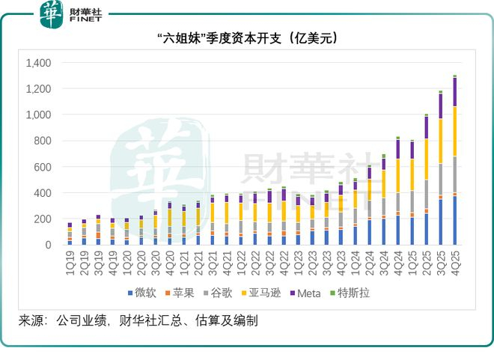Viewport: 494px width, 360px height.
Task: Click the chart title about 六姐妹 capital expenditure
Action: tap(247, 38)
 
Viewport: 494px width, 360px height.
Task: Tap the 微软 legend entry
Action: tap(142, 293)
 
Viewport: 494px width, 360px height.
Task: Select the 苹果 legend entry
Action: tap(180, 293)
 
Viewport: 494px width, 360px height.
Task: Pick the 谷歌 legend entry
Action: tap(218, 293)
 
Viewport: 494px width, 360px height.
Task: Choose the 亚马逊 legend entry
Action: tap(261, 293)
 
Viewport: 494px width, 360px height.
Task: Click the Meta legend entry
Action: tap(305, 293)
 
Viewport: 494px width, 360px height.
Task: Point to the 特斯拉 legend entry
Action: tap(350, 293)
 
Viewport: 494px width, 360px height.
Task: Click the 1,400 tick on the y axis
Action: tap(38, 63)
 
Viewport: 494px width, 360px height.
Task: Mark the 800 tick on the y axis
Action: tap(43, 141)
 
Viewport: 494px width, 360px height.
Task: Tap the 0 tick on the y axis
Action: tap(48, 245)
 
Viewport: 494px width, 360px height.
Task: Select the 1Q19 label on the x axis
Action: tap(70, 263)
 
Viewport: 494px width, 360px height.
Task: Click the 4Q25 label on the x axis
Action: tap(455, 263)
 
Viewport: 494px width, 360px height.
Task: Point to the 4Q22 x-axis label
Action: tap(284, 263)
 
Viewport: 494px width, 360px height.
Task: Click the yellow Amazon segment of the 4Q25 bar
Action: tap(454, 131)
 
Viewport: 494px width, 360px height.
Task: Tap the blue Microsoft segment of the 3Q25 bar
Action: tap(440, 222)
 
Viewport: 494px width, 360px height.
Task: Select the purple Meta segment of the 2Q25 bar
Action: tap(427, 127)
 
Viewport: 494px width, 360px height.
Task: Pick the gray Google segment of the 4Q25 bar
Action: tap(454, 174)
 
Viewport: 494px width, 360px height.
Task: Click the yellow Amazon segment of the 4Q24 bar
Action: tap(398, 176)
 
